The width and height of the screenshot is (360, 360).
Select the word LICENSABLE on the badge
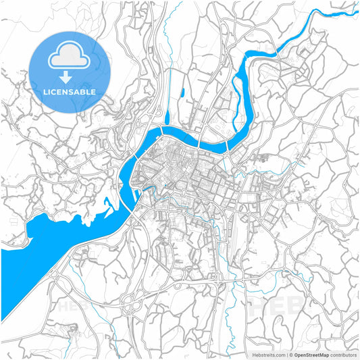tap(69, 91)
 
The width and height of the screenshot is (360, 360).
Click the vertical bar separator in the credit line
tap(287, 353)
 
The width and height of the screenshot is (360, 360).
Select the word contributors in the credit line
tap(343, 353)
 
